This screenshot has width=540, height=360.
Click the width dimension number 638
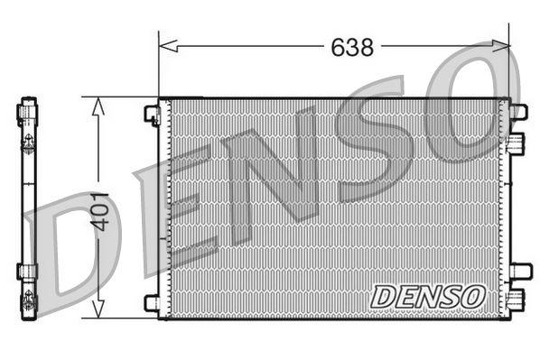(x=351, y=48)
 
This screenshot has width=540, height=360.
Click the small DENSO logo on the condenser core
(x=428, y=295)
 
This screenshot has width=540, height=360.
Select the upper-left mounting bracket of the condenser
(x=152, y=114)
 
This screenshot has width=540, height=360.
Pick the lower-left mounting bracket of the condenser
(x=152, y=302)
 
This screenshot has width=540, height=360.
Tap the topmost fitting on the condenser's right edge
(x=517, y=112)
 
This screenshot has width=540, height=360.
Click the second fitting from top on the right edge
(x=516, y=143)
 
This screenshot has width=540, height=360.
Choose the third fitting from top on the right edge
(x=518, y=270)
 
